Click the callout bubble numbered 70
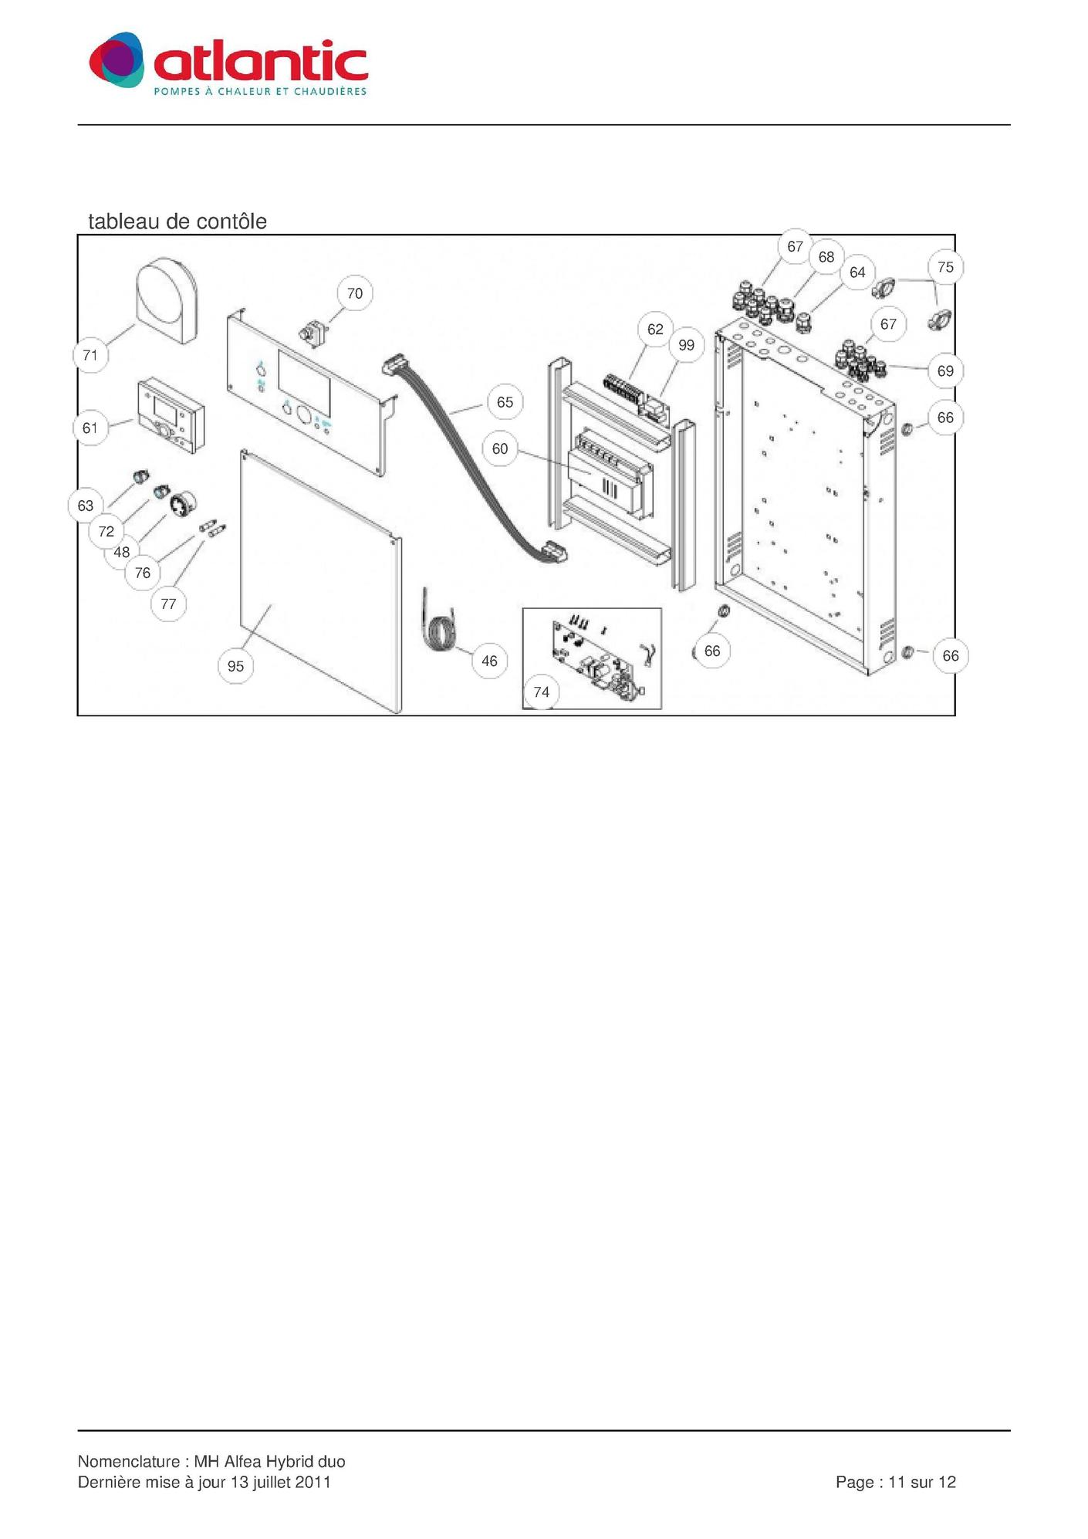pos(355,293)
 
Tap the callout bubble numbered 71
pos(90,355)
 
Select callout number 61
pos(90,428)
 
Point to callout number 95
pos(236,666)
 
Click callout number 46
pos(490,661)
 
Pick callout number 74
pos(542,692)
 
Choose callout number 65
pos(505,402)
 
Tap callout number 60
pos(500,448)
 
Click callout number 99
pos(686,345)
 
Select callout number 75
pos(945,267)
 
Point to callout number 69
pos(945,371)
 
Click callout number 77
pos(169,604)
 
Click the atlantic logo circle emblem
pos(117,60)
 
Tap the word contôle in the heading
pos(231,222)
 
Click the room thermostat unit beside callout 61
pos(171,415)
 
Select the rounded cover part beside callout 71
pos(167,300)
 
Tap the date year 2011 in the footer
pos(313,1482)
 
